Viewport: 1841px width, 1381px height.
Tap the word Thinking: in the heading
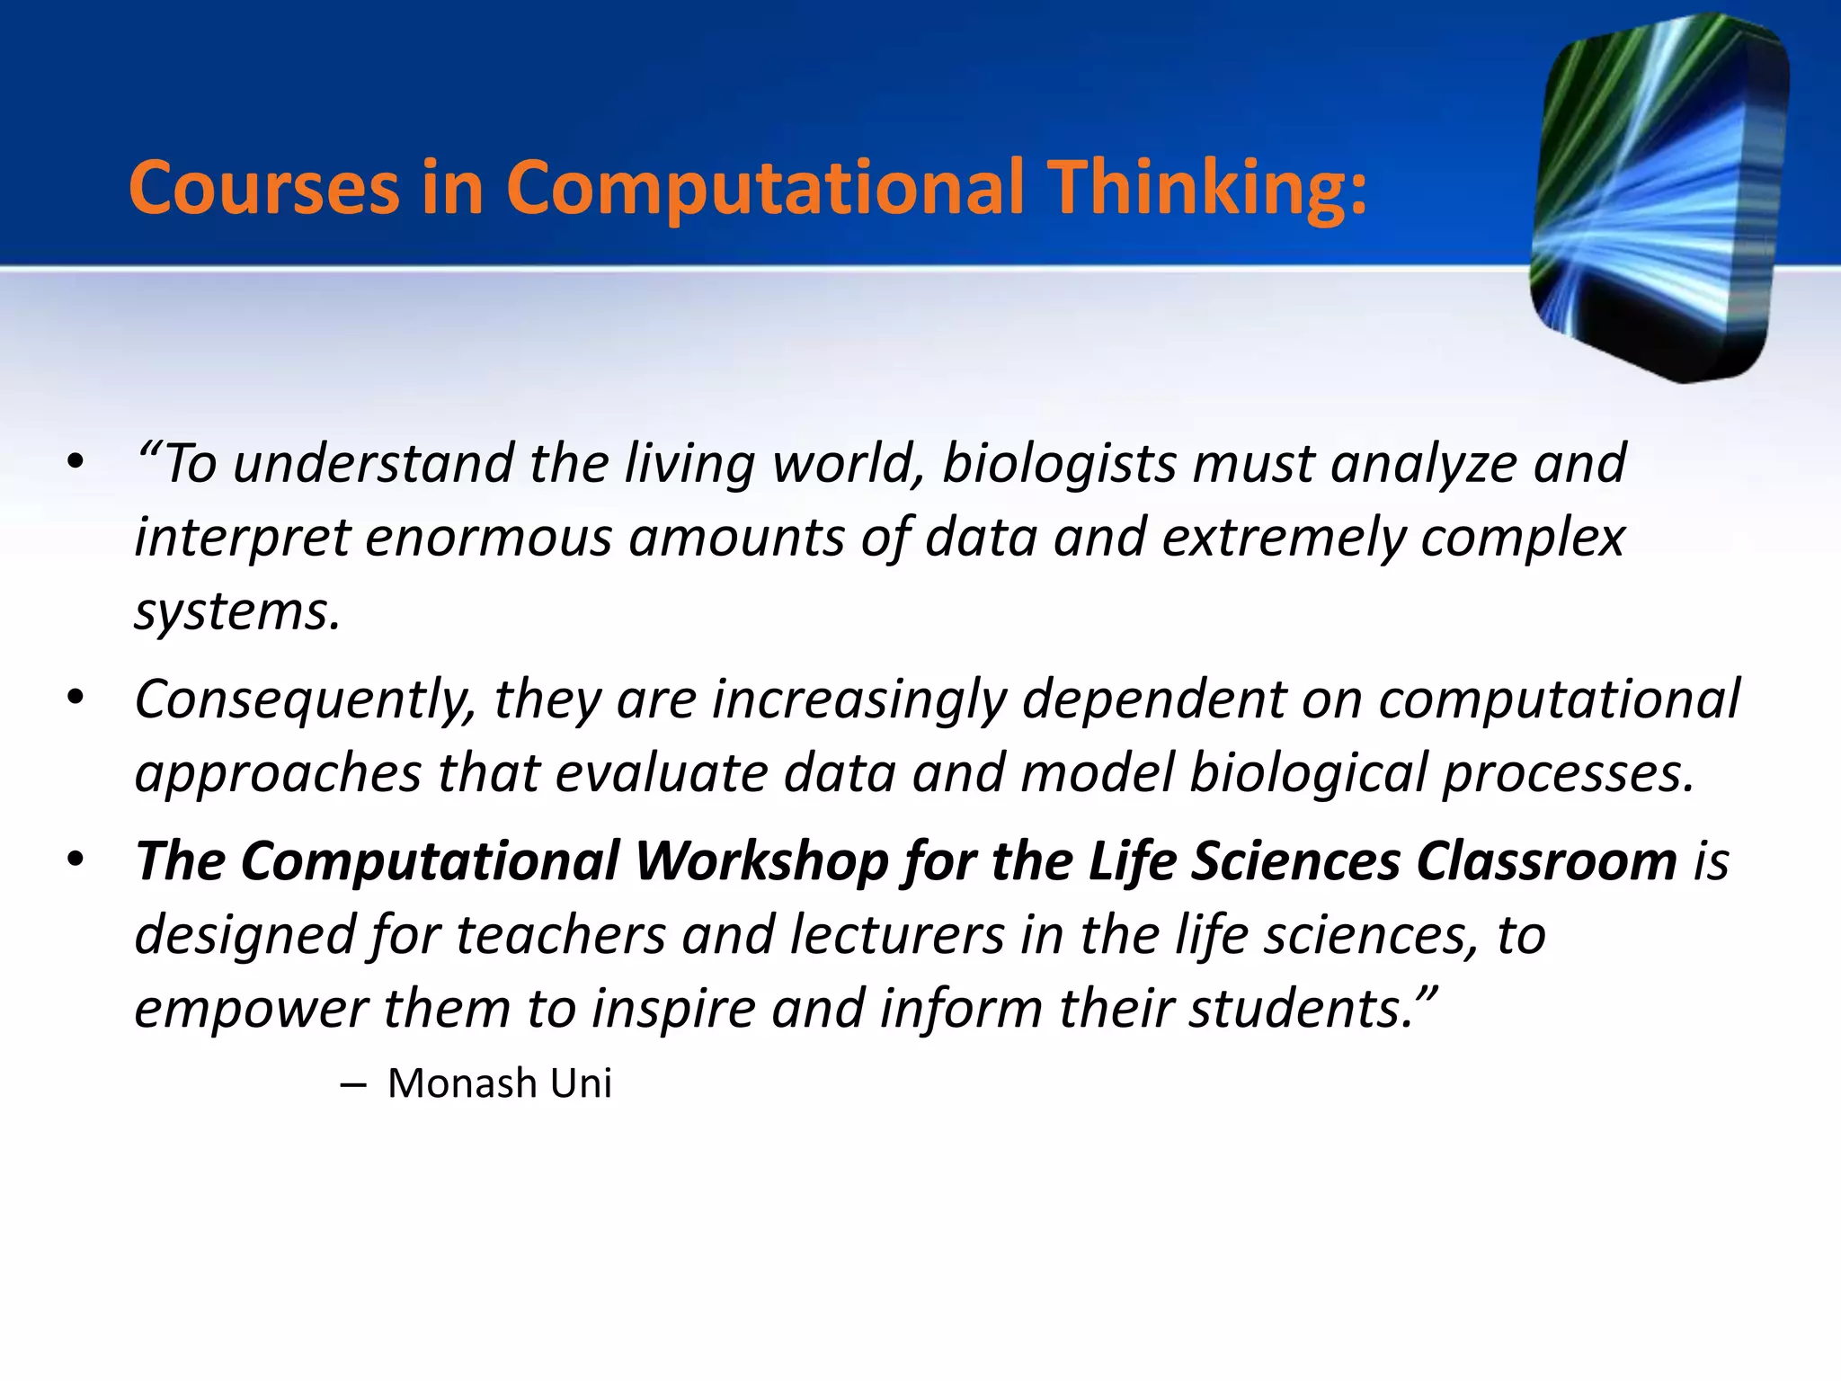1210,189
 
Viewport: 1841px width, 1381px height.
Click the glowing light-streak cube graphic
1659,198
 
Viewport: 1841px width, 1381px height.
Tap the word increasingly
859,699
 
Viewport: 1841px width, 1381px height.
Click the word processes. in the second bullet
1569,773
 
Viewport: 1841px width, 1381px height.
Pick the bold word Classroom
1547,861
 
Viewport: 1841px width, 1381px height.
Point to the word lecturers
897,935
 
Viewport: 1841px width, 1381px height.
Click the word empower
251,1009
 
